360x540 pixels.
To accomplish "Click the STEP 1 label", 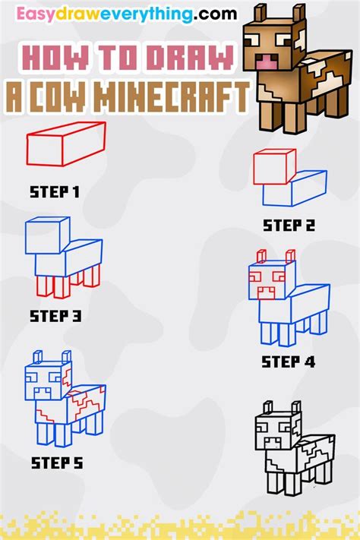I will click(x=55, y=192).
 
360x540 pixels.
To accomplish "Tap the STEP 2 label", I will click(x=289, y=225).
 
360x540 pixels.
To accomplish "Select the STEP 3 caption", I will click(x=55, y=315).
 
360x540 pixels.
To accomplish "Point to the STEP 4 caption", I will click(x=289, y=362).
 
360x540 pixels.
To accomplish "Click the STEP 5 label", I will click(x=56, y=461).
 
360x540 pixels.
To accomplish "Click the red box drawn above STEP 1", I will click(x=65, y=144).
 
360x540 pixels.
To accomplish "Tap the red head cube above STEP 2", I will click(x=273, y=167).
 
